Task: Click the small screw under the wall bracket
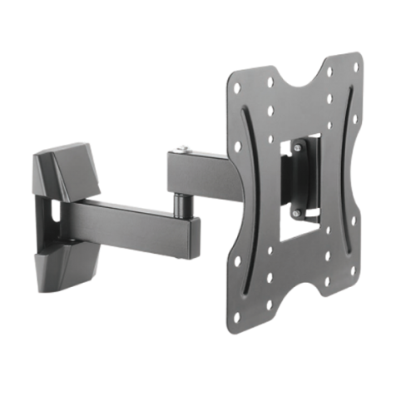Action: [73, 241]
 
